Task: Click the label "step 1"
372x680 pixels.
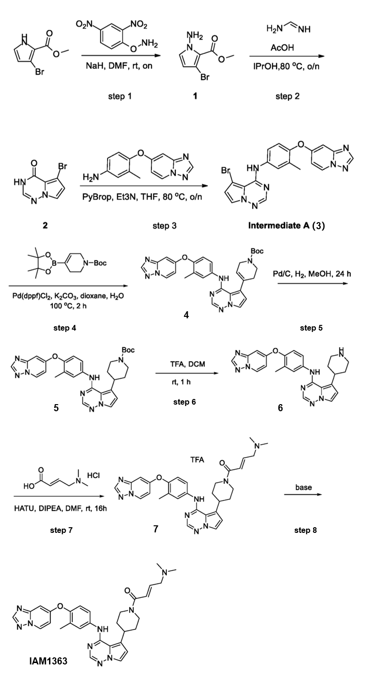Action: [x=120, y=97]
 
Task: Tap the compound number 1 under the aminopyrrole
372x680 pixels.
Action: [x=195, y=96]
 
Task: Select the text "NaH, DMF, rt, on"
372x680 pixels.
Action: [x=119, y=66]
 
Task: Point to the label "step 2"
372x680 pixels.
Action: [x=288, y=97]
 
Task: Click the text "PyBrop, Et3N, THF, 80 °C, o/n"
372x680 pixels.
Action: [x=142, y=197]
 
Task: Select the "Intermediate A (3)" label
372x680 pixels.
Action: [x=287, y=226]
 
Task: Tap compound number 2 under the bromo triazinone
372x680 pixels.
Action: [x=45, y=225]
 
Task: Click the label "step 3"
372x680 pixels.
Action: [x=165, y=226]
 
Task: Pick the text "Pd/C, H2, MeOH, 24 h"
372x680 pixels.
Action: [x=313, y=274]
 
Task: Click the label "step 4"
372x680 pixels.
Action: [x=65, y=328]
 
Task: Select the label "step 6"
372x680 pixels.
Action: [x=184, y=402]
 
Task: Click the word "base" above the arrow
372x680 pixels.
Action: [x=304, y=487]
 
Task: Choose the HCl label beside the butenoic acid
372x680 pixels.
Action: [x=93, y=475]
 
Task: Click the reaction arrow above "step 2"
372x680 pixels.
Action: [x=287, y=56]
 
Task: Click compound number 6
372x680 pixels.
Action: [x=280, y=408]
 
